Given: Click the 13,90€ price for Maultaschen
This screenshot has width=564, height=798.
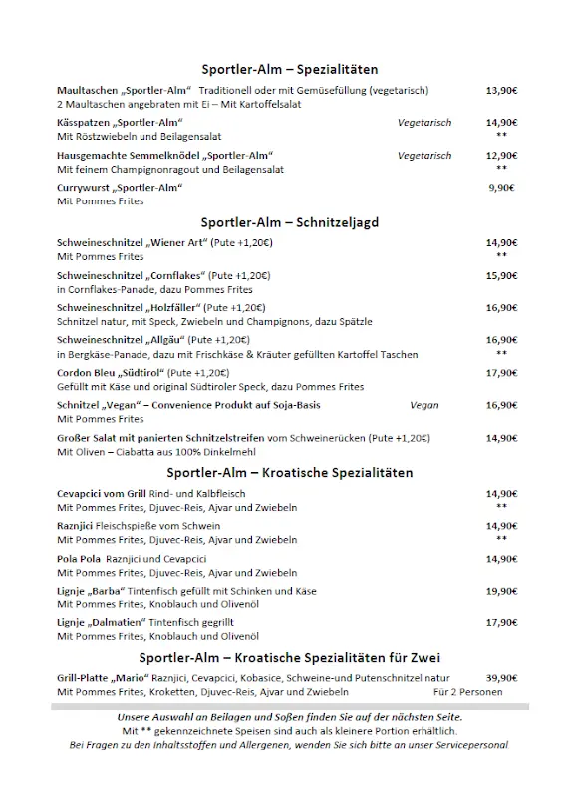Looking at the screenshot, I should coord(501,90).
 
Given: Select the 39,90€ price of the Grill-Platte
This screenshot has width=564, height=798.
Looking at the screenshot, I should coord(501,677).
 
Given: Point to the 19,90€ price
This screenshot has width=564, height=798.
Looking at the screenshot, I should coord(501,591).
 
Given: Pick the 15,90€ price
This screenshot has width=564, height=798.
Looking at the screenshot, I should coord(501,275).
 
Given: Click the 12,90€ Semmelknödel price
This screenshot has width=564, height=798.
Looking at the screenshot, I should coord(501,156).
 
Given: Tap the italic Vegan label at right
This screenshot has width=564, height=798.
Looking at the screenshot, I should coord(423,405).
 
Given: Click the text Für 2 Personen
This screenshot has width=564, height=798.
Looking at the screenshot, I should coord(468,691).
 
